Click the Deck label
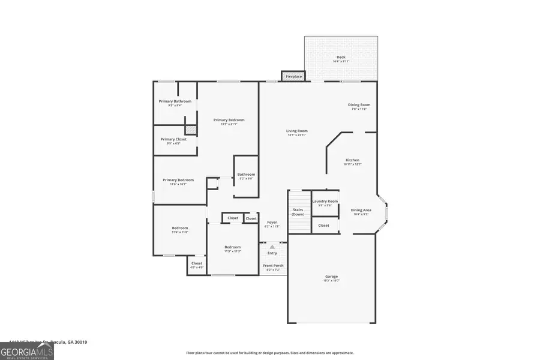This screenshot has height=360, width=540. [x=341, y=58]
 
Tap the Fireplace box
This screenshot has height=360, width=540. [x=293, y=77]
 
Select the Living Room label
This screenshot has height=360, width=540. [x=296, y=131]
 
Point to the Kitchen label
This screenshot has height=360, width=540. [x=352, y=160]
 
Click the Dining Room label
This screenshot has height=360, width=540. [x=359, y=105]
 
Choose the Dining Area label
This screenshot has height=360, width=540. [x=361, y=210]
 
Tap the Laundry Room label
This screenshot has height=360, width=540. [x=325, y=201]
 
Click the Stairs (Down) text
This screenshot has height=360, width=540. [x=298, y=212]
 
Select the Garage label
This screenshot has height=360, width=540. [x=331, y=277]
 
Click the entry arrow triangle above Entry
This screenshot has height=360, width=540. [x=272, y=247]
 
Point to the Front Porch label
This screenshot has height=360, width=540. [x=273, y=266]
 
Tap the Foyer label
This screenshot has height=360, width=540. [x=272, y=223]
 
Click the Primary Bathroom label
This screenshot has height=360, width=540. [x=175, y=101]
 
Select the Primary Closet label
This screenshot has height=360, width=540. [x=173, y=139]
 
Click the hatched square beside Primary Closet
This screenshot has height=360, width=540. [x=191, y=129]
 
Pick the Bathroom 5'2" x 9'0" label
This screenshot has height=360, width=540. [x=246, y=175]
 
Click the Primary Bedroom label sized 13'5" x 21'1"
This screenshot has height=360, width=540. [x=229, y=120]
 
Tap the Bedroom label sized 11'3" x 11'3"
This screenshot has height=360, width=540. [x=233, y=247]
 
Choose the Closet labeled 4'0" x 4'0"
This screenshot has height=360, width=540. [x=197, y=263]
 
